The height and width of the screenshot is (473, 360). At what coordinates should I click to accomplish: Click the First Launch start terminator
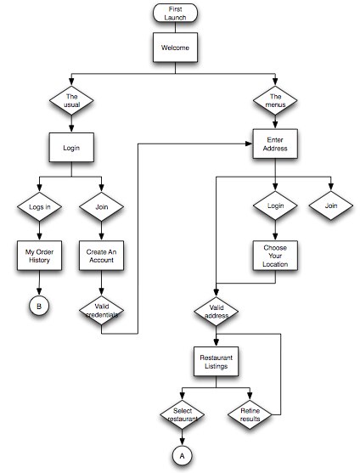(175, 13)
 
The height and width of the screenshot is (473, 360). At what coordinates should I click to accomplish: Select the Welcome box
(175, 48)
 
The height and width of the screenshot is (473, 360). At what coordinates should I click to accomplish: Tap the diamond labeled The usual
(71, 100)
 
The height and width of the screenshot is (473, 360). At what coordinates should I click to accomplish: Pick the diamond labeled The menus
(275, 100)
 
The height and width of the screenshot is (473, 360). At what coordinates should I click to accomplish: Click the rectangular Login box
(71, 148)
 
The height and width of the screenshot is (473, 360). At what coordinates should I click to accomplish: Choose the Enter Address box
(275, 144)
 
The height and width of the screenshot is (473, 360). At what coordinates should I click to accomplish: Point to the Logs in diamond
(40, 207)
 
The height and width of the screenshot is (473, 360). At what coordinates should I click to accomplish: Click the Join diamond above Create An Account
(102, 207)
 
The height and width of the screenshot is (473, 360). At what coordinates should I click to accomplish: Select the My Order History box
(40, 256)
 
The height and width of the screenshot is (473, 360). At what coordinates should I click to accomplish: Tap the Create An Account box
(102, 256)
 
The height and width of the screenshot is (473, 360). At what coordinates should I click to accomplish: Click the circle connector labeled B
(39, 307)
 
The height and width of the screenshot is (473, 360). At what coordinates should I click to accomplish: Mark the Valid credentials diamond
(102, 311)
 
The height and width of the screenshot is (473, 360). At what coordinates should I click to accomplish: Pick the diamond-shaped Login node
(275, 206)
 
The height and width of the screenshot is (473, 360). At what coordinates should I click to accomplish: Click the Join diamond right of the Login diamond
(331, 206)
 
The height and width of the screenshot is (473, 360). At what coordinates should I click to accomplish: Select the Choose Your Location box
(275, 256)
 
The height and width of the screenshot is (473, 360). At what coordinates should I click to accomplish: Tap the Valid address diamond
(217, 312)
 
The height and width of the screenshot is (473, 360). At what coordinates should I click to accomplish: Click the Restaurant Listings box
(217, 362)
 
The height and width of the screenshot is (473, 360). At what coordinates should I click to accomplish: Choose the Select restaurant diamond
(183, 414)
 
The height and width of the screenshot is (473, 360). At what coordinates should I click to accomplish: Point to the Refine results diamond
(250, 414)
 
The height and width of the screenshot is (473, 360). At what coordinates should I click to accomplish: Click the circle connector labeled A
(182, 456)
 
